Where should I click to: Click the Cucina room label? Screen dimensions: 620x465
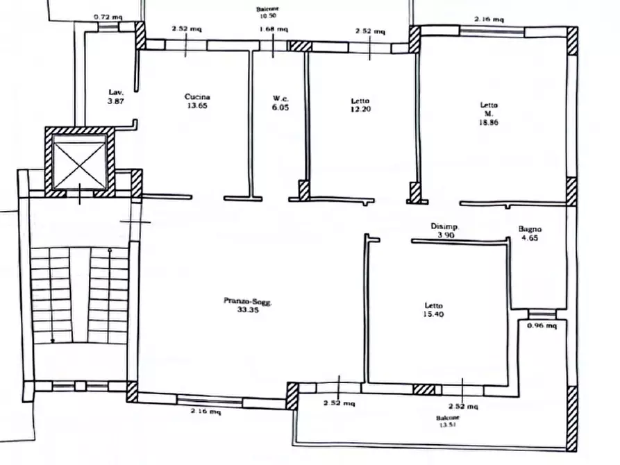coord(197,97)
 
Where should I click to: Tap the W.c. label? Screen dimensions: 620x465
coord(280,99)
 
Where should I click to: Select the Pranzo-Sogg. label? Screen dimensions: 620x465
coord(248,301)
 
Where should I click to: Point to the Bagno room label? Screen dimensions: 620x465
coord(530,229)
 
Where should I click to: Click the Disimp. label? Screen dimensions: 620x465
coord(444,226)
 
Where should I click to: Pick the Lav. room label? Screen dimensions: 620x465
coord(116,92)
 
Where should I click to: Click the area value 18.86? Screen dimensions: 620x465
coord(489,123)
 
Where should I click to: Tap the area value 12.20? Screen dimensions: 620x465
coord(360,109)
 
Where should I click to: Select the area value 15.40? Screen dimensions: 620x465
coord(433,314)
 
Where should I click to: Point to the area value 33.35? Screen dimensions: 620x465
coord(248,310)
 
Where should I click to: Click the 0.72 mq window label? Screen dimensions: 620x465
coord(108,17)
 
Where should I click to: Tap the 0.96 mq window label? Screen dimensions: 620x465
coord(542,325)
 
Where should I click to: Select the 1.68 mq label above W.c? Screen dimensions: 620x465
coord(274,29)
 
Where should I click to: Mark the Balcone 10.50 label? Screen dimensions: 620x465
coord(268,12)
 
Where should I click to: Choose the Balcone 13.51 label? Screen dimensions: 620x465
coord(448,421)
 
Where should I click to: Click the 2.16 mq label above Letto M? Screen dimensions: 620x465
coord(489,19)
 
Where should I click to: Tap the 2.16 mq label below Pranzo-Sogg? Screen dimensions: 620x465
coord(206,412)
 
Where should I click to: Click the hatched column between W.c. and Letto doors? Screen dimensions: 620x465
coord(303,191)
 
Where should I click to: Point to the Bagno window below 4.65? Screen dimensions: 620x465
coord(542,314)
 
